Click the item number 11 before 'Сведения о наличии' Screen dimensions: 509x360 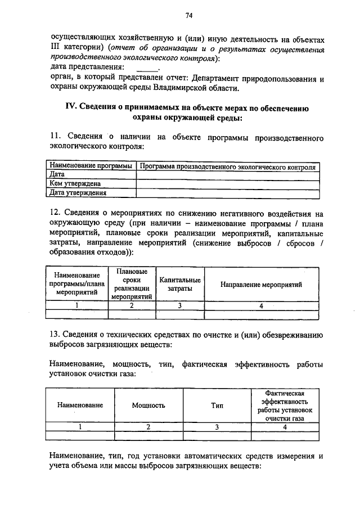[x=55, y=136]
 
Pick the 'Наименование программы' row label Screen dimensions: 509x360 [x=91, y=167]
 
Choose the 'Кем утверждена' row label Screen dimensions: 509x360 [x=75, y=183]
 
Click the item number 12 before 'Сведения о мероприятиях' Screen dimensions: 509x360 [x=55, y=214]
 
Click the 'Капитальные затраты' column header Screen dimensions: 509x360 [x=180, y=284]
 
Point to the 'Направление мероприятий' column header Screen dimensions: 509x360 [x=261, y=285]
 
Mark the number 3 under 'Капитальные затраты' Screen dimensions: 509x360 [x=179, y=305]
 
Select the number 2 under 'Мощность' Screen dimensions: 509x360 [x=148, y=426]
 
